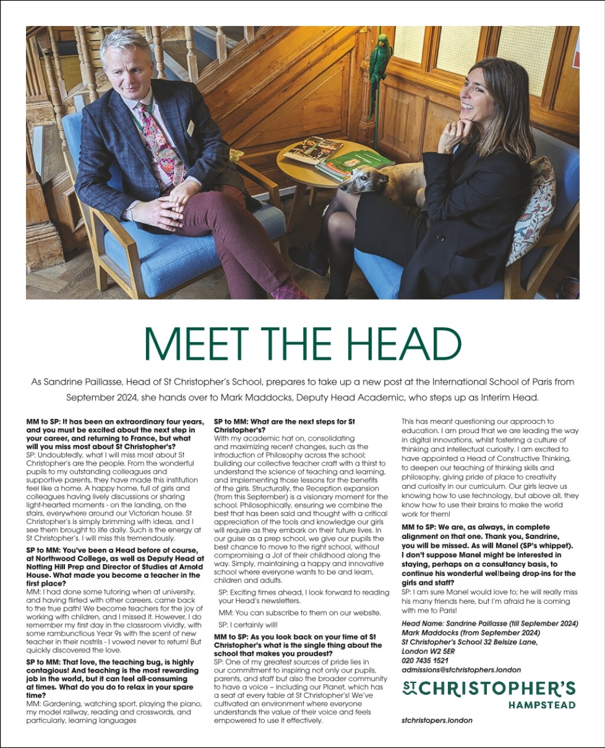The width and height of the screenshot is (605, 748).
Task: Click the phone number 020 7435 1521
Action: click(424, 661)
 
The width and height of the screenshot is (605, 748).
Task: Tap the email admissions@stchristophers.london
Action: click(461, 670)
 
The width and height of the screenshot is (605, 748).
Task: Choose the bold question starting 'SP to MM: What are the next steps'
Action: click(284, 426)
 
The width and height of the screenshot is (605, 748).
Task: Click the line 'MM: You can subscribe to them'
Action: click(300, 613)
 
